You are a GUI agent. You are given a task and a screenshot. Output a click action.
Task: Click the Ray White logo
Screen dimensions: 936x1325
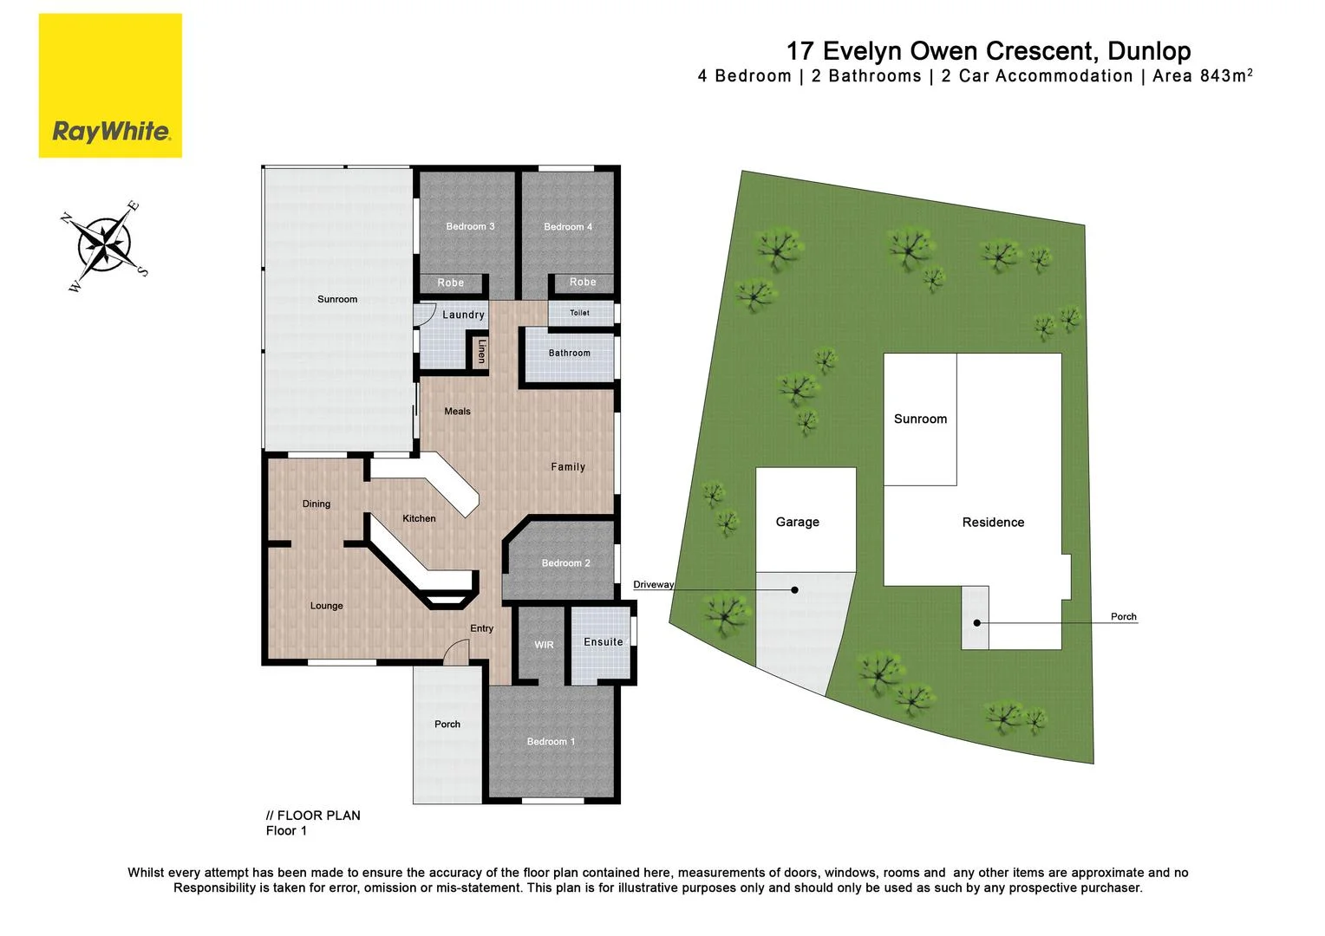(110, 86)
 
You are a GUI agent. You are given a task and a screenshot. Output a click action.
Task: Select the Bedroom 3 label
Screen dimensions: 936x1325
(470, 227)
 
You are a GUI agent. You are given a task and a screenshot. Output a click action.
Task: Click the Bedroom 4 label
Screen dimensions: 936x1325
(568, 227)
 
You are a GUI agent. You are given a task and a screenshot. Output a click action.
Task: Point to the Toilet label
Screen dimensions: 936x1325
(579, 313)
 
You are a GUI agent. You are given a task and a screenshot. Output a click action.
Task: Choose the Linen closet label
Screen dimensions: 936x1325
(482, 351)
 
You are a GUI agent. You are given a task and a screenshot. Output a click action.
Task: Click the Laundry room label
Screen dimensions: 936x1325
(463, 315)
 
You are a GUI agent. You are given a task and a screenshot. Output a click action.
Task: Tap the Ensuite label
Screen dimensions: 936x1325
(603, 642)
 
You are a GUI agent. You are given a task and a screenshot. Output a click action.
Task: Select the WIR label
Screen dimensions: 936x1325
(544, 645)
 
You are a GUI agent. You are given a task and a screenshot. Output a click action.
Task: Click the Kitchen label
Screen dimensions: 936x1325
(419, 518)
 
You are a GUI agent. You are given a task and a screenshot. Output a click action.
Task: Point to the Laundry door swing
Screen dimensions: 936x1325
(425, 314)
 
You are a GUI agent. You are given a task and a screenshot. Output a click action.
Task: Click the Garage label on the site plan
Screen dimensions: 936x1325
(797, 523)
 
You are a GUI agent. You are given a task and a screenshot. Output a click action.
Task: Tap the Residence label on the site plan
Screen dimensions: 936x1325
(993, 523)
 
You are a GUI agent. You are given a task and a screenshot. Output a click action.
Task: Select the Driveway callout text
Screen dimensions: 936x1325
(653, 585)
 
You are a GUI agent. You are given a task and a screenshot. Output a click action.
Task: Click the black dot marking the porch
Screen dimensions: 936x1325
(976, 623)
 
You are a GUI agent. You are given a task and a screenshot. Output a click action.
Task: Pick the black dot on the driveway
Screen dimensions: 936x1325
(794, 590)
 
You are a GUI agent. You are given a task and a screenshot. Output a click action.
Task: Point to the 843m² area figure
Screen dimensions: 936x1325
(1226, 76)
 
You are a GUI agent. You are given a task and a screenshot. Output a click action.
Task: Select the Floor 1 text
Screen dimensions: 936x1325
(286, 831)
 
